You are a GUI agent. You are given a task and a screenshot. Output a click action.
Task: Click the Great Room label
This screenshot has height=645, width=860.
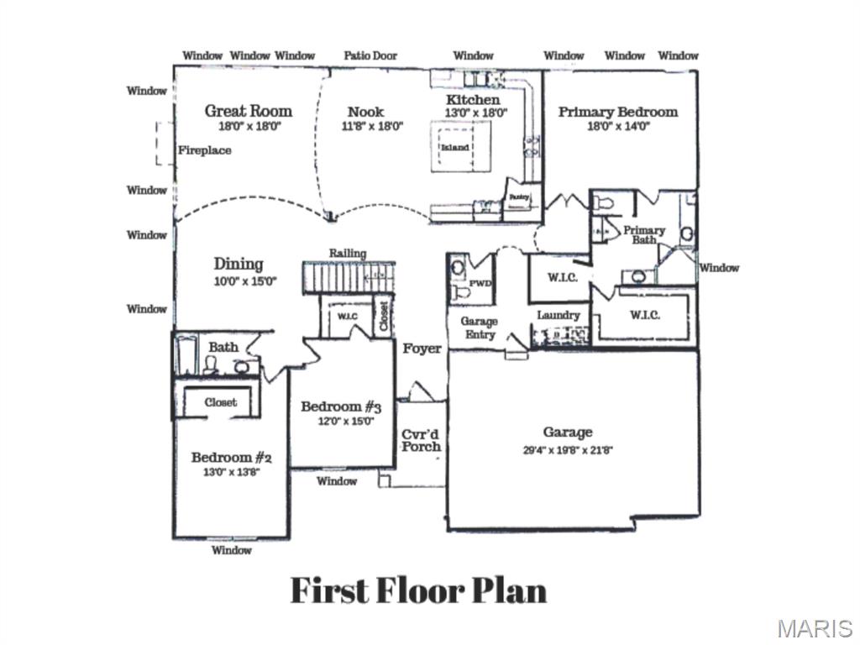249,111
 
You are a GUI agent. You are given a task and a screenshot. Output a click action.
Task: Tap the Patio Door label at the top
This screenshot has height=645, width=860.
370,55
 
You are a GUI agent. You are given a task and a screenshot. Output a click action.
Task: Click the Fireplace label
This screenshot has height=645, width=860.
204,150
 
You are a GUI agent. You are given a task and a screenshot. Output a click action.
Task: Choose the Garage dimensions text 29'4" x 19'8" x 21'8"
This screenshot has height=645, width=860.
568,450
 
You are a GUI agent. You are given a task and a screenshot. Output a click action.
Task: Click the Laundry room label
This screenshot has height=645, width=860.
558,315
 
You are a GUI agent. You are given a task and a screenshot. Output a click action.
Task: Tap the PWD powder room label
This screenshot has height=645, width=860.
480,283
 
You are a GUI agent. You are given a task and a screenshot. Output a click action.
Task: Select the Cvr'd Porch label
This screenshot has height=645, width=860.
421,440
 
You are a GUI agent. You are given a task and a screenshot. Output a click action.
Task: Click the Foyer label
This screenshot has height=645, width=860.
422,349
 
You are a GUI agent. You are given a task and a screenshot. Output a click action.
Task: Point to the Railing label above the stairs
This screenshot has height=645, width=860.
347,253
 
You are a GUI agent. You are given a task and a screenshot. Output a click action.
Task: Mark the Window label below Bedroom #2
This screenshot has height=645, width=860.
231,550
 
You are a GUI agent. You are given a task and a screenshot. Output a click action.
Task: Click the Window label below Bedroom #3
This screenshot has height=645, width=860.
337,481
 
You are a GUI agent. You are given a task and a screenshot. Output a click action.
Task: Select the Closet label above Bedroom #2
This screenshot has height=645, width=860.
221,402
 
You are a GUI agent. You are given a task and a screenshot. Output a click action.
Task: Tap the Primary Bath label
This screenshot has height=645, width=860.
644,234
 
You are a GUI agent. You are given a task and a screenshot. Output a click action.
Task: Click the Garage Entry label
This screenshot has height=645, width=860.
479,328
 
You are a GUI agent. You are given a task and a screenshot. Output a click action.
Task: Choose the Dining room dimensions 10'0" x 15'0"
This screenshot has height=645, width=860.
245,282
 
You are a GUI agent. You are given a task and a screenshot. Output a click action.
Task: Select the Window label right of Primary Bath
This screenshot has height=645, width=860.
720,268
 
